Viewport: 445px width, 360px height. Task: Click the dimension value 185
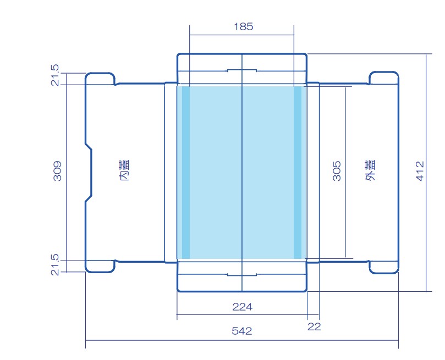pyautogui.click(x=243, y=26)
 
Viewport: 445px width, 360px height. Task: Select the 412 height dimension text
pyautogui.click(x=420, y=171)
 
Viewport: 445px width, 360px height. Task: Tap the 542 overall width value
pyautogui.click(x=242, y=331)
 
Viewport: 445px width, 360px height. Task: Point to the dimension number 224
pyautogui.click(x=243, y=307)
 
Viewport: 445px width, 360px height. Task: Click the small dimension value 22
pyautogui.click(x=314, y=327)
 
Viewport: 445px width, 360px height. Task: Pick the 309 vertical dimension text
pyautogui.click(x=57, y=171)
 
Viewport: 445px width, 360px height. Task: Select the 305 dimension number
pyautogui.click(x=337, y=171)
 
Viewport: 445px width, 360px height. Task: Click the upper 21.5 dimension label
pyautogui.click(x=55, y=75)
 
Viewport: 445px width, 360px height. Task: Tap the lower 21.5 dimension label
pyautogui.click(x=55, y=265)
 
